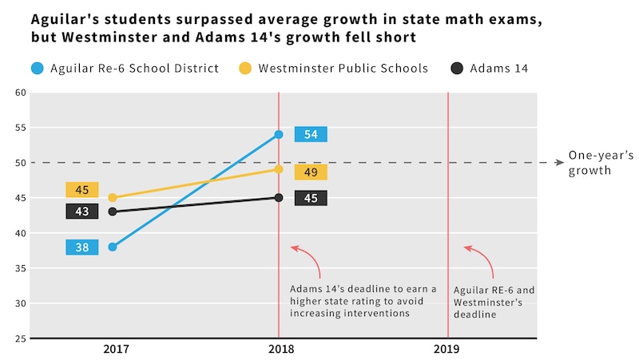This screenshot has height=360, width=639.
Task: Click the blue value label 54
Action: coord(311,134)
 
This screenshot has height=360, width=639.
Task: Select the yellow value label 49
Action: coord(311,172)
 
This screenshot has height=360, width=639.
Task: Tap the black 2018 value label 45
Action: coord(311,198)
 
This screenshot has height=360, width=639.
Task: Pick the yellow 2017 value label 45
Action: coord(82,190)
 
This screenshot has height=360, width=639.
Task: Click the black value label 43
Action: coord(82,211)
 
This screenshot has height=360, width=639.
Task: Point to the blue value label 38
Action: coord(82,247)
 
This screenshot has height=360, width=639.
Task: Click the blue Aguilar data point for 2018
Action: coord(279,134)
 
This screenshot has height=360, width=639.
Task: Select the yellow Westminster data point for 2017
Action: coord(113,198)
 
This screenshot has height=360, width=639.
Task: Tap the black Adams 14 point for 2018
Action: coord(279,197)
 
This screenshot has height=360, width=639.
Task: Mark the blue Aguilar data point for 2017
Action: coord(113,247)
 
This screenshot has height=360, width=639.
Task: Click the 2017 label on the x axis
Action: coord(117,349)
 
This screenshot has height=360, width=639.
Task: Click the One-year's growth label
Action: coord(589,163)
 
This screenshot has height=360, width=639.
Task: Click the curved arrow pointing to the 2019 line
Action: coord(480,259)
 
